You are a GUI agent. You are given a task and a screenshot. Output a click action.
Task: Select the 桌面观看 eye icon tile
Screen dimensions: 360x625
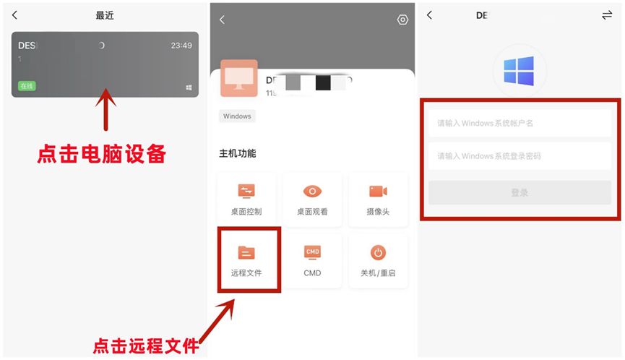(x=312, y=199)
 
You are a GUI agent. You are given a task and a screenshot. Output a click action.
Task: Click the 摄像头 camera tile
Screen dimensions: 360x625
(x=378, y=199)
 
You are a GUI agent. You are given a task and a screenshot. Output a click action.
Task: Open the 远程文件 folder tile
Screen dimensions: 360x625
(x=247, y=260)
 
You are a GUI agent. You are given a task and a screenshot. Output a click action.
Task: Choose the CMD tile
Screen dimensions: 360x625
(x=312, y=260)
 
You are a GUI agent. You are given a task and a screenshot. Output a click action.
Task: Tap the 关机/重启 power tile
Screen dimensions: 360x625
(x=378, y=260)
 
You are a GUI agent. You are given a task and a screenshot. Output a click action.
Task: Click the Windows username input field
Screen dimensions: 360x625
(x=520, y=123)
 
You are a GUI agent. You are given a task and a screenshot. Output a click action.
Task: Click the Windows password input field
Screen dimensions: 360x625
(x=520, y=156)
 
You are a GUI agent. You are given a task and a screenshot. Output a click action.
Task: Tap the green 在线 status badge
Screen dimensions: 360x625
(x=27, y=86)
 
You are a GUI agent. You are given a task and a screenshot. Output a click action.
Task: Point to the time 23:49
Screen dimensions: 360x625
(x=181, y=46)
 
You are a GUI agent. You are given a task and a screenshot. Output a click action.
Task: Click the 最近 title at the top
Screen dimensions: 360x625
(x=105, y=15)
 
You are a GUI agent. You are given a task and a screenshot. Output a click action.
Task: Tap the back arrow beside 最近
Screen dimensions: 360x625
(x=15, y=15)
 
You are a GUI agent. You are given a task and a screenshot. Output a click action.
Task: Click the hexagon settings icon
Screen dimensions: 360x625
(x=402, y=20)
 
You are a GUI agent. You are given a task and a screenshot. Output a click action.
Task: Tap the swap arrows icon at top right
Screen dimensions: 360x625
(x=606, y=15)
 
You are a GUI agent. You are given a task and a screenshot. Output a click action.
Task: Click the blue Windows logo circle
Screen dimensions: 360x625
(x=520, y=71)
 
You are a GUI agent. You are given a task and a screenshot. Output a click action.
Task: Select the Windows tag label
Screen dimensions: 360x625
(x=237, y=116)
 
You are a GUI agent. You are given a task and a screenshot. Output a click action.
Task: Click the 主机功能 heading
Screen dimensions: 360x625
(x=238, y=153)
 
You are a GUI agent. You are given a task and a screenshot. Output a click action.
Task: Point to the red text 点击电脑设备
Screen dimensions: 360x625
(x=102, y=154)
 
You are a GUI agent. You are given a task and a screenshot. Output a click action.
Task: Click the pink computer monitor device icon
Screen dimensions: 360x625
(x=238, y=78)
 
